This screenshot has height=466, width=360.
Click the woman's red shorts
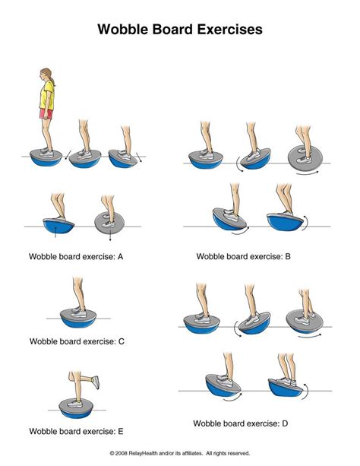tap(46, 114)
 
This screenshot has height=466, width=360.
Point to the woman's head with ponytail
tap(43, 74)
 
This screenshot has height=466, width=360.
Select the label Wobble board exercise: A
tap(76, 256)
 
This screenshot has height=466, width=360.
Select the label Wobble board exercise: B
tap(243, 256)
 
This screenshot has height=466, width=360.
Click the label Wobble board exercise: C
tap(77, 341)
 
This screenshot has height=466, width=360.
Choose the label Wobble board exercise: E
tap(76, 431)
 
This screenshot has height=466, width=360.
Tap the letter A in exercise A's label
tap(120, 256)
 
